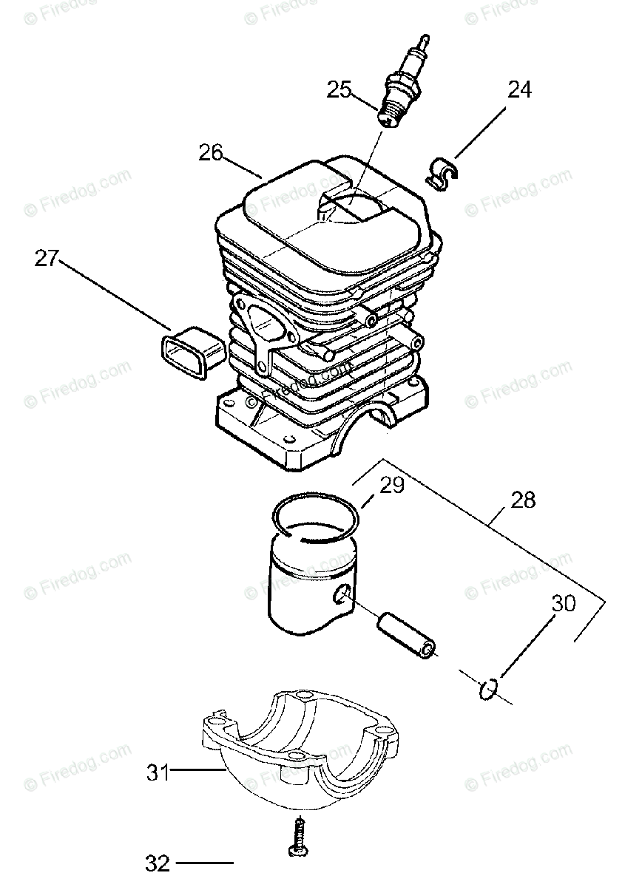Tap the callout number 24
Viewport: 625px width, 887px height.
tap(518, 89)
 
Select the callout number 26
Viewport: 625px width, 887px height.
tap(210, 153)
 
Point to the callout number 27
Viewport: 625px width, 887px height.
tap(46, 259)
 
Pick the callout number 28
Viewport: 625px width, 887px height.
tap(522, 500)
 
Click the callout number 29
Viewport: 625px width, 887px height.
tap(392, 485)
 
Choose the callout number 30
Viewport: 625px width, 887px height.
tap(563, 603)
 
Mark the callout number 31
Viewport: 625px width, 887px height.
tap(158, 773)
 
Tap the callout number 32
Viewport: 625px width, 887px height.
tap(158, 863)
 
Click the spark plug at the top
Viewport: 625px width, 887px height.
tap(404, 81)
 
